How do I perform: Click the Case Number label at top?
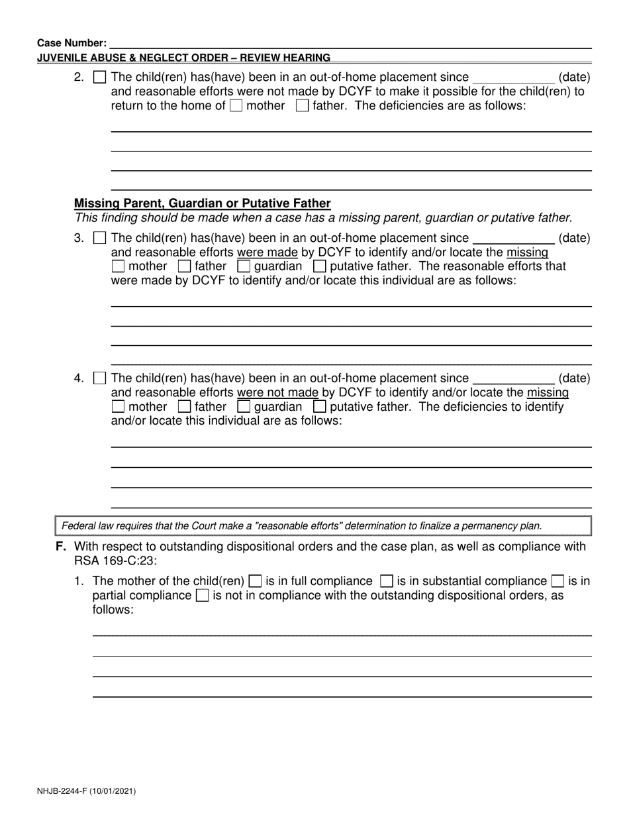72,43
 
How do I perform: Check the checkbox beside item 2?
99,78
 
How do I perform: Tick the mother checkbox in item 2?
236,106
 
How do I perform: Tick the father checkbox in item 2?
302,106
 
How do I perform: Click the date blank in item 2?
514,78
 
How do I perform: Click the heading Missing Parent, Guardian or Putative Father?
202,203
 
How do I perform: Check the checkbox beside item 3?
99,238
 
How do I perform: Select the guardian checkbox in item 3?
243,266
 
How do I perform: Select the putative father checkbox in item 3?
319,266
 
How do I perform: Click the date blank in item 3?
514,238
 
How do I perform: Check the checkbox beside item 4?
99,378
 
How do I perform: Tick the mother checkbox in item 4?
118,407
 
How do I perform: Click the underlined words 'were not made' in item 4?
277,392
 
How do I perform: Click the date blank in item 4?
514,378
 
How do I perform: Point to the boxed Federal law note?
322,526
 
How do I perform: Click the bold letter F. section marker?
62,547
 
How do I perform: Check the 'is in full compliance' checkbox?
255,581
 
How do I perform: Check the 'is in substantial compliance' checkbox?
386,581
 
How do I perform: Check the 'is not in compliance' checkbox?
202,596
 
